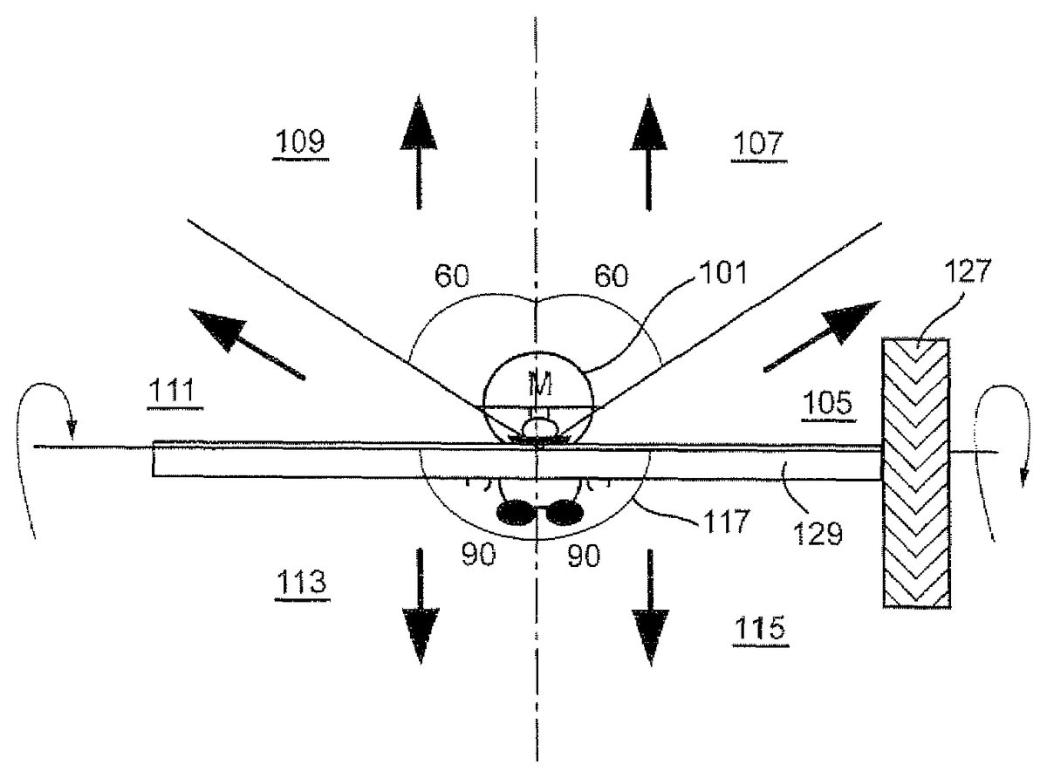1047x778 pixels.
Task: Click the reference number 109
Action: tap(300, 141)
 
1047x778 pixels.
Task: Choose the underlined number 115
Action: tap(760, 627)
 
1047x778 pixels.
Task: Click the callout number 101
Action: tap(723, 272)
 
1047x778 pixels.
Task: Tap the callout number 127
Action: tap(968, 271)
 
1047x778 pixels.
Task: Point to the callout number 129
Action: tap(818, 534)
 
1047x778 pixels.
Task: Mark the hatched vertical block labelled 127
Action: tap(916, 473)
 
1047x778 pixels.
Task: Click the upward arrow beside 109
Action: tap(419, 152)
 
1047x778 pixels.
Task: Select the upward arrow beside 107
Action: tap(648, 153)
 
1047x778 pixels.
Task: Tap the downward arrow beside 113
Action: tap(421, 606)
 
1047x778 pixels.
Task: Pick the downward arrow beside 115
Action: tap(651, 608)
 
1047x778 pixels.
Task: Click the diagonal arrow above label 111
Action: tap(246, 343)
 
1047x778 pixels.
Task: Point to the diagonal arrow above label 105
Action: tap(822, 336)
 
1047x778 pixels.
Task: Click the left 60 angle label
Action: tap(452, 276)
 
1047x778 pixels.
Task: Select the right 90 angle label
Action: tap(584, 556)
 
